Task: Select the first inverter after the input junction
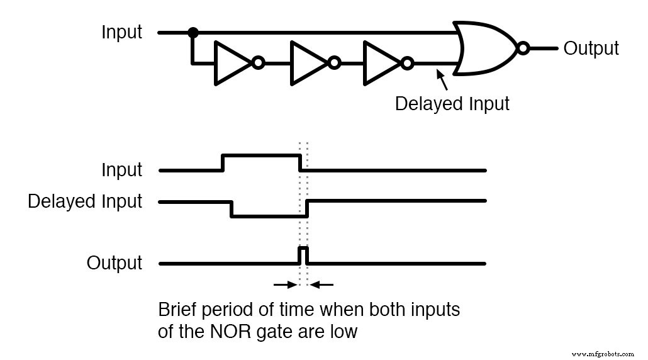(232, 63)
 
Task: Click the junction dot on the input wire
(194, 32)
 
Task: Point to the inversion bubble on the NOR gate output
(522, 48)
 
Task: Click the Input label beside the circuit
(122, 32)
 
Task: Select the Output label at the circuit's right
(591, 48)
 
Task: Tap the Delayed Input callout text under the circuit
(452, 103)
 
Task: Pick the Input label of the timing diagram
(122, 170)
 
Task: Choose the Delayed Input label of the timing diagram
(85, 201)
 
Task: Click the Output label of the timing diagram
(115, 262)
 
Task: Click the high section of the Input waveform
(261, 154)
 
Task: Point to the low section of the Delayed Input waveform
(269, 217)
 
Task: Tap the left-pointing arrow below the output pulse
(323, 285)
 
